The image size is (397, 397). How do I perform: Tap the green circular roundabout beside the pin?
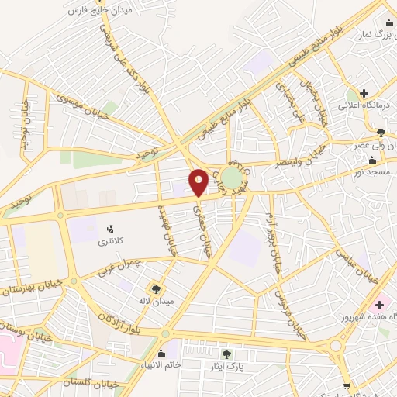230,176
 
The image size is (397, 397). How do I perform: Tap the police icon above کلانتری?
109,230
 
